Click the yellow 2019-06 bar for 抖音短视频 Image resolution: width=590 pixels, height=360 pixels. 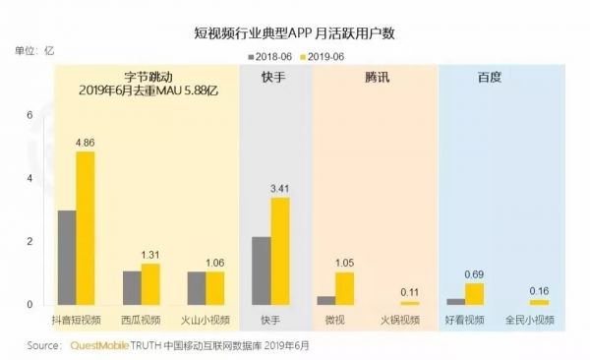(86, 228)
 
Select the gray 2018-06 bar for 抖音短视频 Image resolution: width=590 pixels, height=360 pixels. (67, 258)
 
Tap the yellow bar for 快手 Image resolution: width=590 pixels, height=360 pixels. (280, 251)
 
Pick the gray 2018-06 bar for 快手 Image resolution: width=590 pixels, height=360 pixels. (262, 270)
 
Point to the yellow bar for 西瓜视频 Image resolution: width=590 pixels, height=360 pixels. (150, 284)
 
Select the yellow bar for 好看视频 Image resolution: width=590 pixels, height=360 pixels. (474, 294)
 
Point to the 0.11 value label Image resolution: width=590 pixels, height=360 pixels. (409, 292)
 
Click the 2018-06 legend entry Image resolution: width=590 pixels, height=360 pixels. (271, 58)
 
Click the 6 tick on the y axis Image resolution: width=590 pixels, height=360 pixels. (30, 115)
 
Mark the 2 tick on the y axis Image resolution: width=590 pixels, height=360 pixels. (30, 241)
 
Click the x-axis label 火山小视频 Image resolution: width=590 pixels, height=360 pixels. (206, 321)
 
